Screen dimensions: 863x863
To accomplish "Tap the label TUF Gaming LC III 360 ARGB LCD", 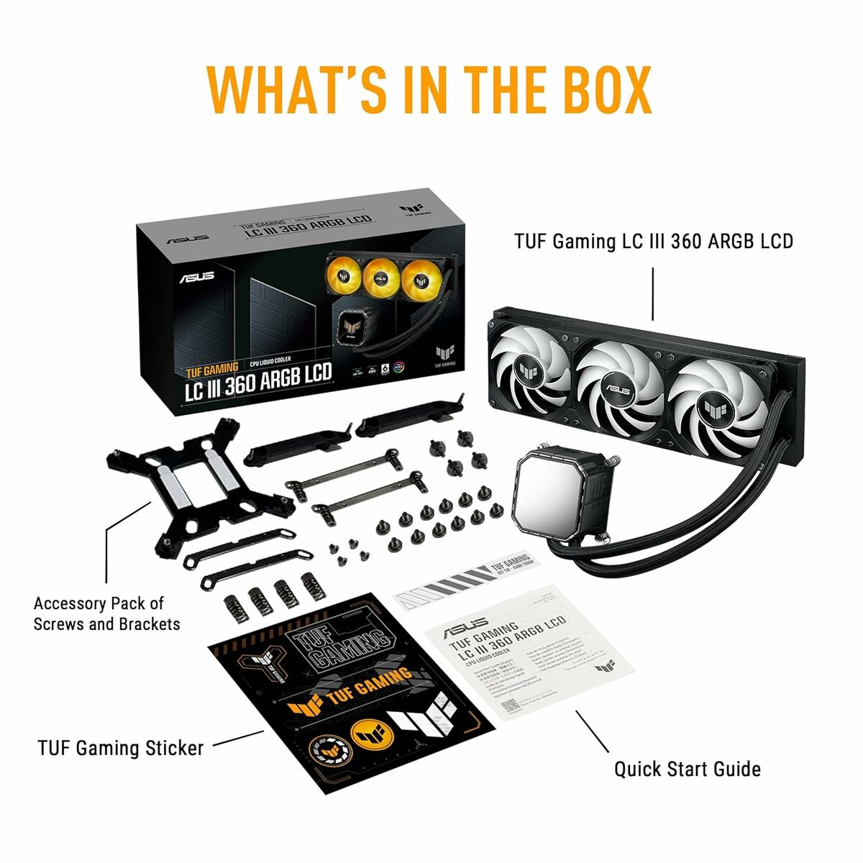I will [x=653, y=241].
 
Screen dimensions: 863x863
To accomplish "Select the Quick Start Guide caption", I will [x=687, y=769].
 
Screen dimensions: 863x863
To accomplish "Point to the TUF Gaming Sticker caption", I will [x=121, y=749].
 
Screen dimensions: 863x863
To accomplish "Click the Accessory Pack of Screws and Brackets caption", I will [x=106, y=613].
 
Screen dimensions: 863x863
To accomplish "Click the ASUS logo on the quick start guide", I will [x=465, y=629].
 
